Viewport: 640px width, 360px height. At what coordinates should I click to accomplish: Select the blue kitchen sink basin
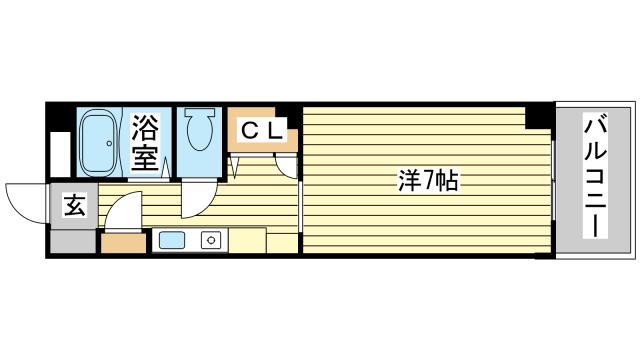click(170, 240)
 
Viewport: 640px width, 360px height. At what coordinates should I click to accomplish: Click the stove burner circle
click(210, 240)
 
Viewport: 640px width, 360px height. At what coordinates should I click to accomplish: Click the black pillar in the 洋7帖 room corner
click(539, 116)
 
